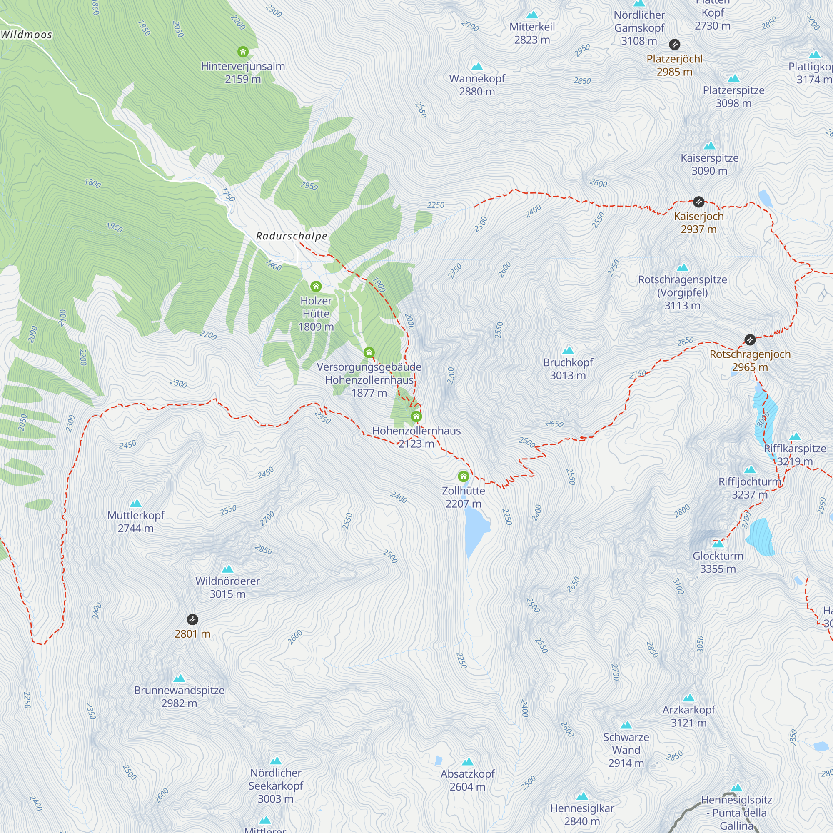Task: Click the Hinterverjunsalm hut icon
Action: click(243, 52)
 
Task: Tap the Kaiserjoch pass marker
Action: click(698, 202)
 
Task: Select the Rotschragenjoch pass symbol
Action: click(750, 340)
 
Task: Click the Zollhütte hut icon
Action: click(463, 476)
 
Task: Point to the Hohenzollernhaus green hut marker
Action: click(416, 416)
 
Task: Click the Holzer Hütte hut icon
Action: click(316, 286)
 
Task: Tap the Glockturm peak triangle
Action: click(718, 543)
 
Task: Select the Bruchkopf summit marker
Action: click(568, 350)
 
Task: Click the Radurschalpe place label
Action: click(292, 236)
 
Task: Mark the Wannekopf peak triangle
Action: click(477, 66)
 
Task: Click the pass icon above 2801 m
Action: click(192, 620)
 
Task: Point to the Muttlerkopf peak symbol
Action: click(135, 503)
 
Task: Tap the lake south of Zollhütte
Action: click(476, 530)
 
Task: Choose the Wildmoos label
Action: click(26, 35)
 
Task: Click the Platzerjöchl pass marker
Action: click(674, 45)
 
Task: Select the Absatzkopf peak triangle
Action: click(467, 762)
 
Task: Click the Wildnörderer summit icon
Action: click(227, 569)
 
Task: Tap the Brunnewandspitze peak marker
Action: click(179, 678)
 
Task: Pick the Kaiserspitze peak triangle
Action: click(709, 146)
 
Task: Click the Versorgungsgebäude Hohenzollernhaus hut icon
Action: click(369, 353)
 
